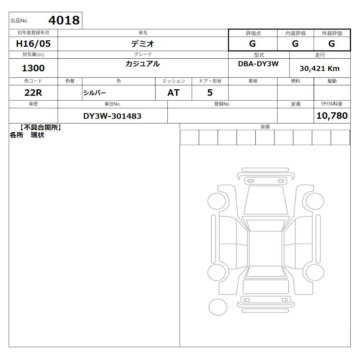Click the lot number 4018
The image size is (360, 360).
point(64,20)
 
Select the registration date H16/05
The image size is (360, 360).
point(33,44)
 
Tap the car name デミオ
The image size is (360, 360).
point(143,44)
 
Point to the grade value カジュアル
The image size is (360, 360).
point(143,64)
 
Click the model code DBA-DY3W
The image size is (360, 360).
point(258,64)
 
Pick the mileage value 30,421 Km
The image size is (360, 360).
point(319,68)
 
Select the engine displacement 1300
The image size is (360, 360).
point(33,68)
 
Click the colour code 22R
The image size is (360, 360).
point(33,93)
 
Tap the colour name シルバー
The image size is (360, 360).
point(95,93)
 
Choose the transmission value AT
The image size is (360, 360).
point(174,93)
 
